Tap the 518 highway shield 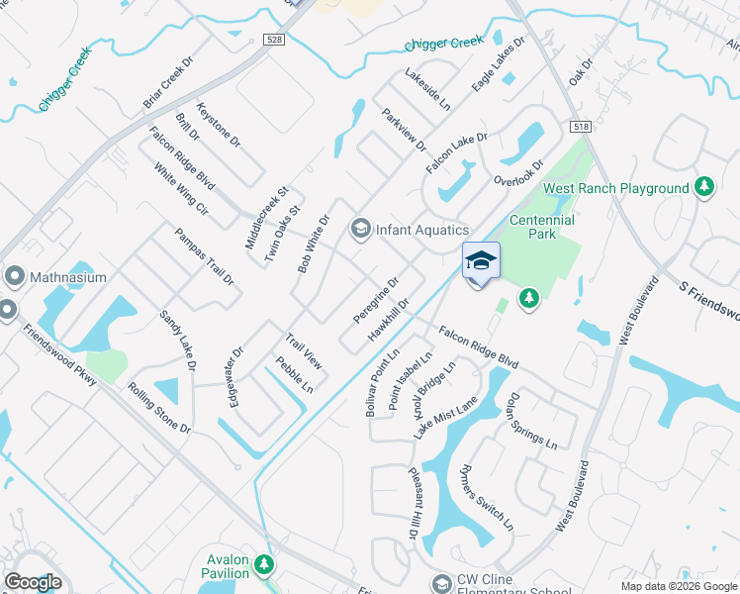click(x=582, y=127)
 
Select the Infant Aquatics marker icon click(x=360, y=231)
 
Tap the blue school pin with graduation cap click(x=481, y=261)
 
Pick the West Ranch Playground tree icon click(x=704, y=187)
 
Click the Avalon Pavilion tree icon click(x=263, y=565)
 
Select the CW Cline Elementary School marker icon click(x=441, y=583)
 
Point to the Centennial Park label click(x=541, y=227)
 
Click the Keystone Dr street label click(x=219, y=126)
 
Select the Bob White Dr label click(x=313, y=244)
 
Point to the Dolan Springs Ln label click(x=531, y=421)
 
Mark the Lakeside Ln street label click(x=427, y=90)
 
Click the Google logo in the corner click(x=33, y=582)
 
